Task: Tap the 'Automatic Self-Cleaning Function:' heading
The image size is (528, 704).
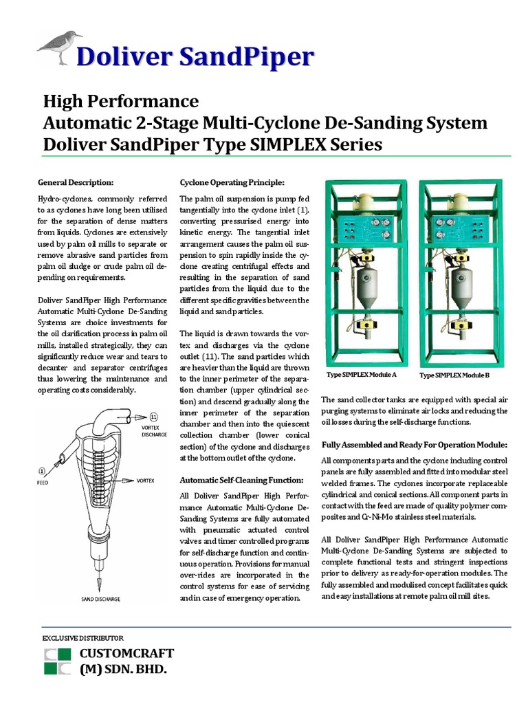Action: [241, 480]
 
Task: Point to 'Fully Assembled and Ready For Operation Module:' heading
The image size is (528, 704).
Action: [414, 445]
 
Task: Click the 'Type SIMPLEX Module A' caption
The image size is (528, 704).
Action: [361, 375]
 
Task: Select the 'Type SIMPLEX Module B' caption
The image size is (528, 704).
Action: [454, 375]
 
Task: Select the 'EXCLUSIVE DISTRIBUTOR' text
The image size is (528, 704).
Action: [82, 637]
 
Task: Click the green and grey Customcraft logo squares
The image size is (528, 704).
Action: [57, 660]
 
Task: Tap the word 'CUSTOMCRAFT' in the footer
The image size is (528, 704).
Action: [127, 652]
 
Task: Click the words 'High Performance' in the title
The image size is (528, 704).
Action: [121, 102]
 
